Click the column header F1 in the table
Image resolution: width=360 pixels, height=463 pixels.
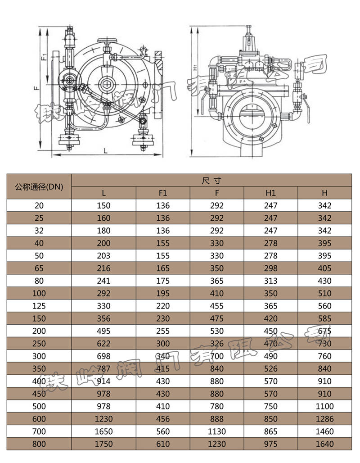click(163, 193)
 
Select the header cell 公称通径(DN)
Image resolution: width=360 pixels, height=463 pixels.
click(39, 186)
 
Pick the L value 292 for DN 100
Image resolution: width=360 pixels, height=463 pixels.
click(104, 293)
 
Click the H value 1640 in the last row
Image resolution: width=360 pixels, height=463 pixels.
click(324, 444)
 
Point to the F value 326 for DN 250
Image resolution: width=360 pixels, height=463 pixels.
click(217, 344)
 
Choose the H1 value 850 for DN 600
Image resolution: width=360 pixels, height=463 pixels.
click(271, 419)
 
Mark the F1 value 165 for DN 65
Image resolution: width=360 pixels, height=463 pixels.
click(163, 268)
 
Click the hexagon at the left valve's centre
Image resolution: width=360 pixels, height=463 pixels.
click(107, 84)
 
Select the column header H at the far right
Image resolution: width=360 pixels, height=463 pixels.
click(324, 193)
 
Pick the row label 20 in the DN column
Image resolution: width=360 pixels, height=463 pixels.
click(39, 205)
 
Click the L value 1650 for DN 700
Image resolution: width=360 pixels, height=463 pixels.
click(104, 431)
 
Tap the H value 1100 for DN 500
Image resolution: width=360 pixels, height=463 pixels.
click(324, 406)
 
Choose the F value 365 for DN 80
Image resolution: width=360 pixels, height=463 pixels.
click(217, 281)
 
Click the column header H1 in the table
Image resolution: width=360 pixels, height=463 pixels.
click(271, 193)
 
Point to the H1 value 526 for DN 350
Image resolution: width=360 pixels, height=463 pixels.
click(271, 369)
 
